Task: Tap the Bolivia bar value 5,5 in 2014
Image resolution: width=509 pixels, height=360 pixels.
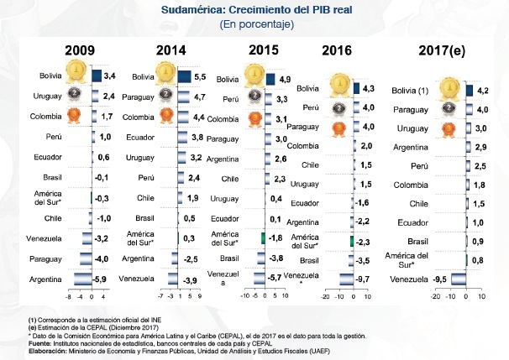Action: pyautogui.click(x=199, y=76)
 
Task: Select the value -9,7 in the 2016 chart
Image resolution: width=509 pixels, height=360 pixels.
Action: pyautogui.click(x=363, y=277)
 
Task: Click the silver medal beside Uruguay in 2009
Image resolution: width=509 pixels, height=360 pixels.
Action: pyautogui.click(x=78, y=95)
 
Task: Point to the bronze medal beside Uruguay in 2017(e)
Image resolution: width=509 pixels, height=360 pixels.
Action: pyautogui.click(x=448, y=128)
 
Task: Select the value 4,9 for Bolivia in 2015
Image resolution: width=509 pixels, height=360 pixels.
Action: pyautogui.click(x=285, y=80)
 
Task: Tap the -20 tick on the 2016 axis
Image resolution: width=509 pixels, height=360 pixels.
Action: pyautogui.click(x=326, y=296)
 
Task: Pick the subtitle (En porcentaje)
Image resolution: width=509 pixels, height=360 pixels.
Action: pyautogui.click(x=255, y=25)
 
